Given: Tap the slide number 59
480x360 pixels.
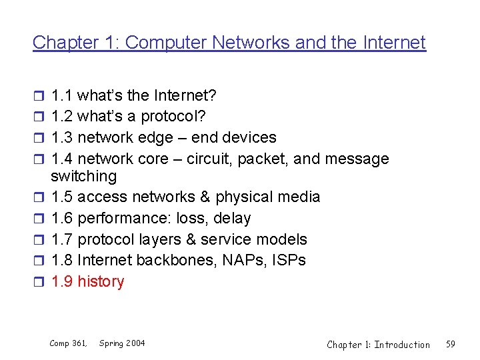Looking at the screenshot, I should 451,344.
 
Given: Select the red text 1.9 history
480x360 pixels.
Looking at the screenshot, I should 87,281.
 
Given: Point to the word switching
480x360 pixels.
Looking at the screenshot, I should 83,176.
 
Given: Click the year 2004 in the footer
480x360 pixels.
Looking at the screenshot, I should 134,343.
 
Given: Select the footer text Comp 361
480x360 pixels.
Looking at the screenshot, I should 69,343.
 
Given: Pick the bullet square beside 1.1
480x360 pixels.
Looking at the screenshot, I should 37,95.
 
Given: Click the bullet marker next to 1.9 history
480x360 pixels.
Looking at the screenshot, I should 37,282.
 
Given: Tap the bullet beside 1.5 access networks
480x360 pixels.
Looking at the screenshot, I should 37,197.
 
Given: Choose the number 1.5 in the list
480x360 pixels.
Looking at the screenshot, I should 62,197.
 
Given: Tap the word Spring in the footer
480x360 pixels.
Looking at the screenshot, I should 110,343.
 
